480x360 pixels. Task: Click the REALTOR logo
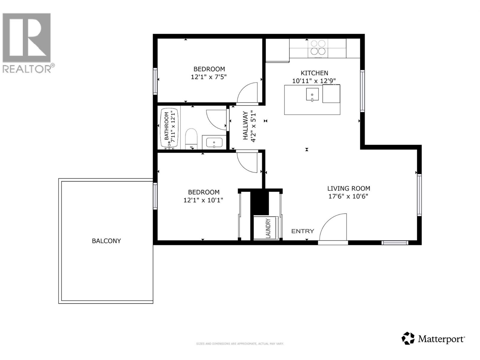pyautogui.click(x=27, y=42)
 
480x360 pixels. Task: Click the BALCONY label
pyautogui.click(x=106, y=241)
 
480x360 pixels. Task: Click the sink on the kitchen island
pyautogui.click(x=312, y=94)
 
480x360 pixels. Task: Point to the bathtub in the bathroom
pyautogui.click(x=170, y=129)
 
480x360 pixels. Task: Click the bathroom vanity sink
pyautogui.click(x=214, y=142)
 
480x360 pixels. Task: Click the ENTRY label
pyautogui.click(x=303, y=231)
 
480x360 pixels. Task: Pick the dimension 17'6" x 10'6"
pyautogui.click(x=348, y=196)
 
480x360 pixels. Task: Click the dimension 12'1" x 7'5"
pyautogui.click(x=209, y=77)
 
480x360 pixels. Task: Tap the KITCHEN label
pyautogui.click(x=314, y=73)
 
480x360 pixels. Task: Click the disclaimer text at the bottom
pyautogui.click(x=240, y=344)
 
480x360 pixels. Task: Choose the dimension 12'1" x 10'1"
pyautogui.click(x=203, y=200)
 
